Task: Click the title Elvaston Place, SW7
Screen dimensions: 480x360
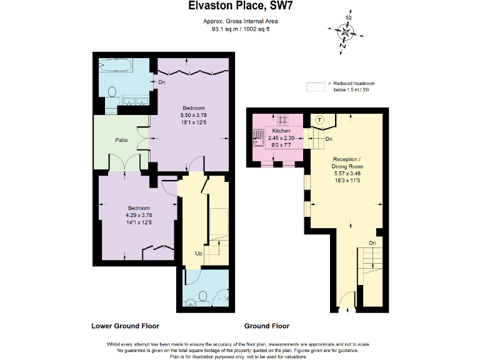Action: point(240,6)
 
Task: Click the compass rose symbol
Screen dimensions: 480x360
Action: point(346,31)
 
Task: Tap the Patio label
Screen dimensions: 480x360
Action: point(121,140)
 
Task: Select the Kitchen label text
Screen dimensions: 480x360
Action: point(281,131)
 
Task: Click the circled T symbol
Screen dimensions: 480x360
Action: point(319,120)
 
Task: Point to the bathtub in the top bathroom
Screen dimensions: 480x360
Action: point(116,66)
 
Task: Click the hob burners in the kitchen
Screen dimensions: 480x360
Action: point(282,120)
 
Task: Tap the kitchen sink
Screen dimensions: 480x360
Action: point(259,137)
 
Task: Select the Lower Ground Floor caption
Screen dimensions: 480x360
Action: point(125,326)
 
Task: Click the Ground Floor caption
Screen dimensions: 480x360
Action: point(267,326)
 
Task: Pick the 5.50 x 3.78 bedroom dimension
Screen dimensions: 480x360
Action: point(194,115)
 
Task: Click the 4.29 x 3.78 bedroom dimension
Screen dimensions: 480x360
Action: point(139,215)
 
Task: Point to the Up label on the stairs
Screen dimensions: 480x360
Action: point(199,254)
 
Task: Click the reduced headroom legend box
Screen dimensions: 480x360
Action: point(316,87)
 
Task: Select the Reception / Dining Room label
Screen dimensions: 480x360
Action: point(347,163)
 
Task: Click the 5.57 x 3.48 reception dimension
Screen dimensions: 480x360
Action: point(347,173)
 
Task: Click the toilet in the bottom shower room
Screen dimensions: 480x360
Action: point(202,297)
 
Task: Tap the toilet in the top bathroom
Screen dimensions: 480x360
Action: point(112,91)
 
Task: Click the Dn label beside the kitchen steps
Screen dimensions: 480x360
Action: point(329,139)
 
